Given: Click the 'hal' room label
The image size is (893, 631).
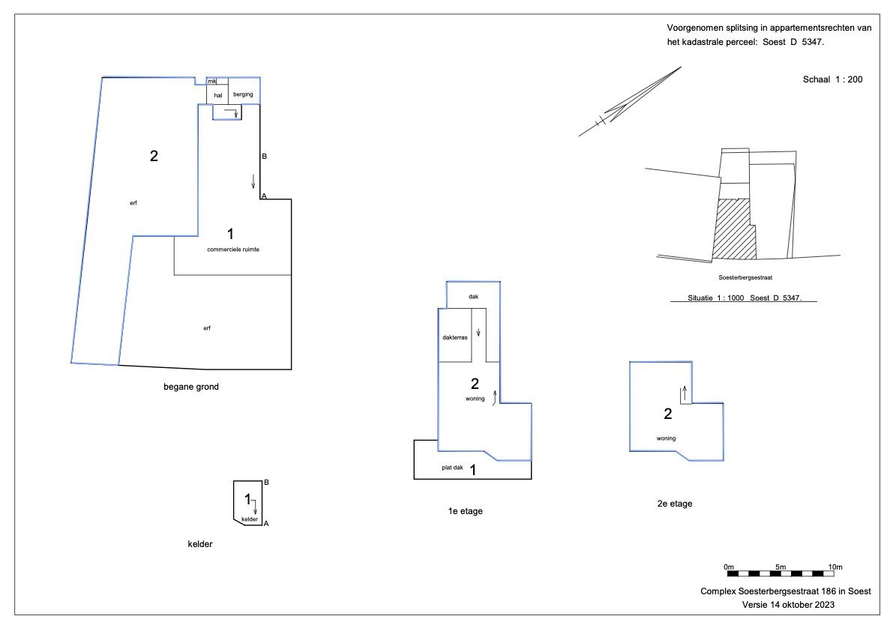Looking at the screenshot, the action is (218, 96).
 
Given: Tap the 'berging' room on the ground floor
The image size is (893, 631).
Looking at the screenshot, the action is (243, 94).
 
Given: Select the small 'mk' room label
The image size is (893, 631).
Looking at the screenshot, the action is (212, 82).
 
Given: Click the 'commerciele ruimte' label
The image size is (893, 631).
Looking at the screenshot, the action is (233, 250).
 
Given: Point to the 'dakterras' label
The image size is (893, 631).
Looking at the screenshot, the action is (455, 337).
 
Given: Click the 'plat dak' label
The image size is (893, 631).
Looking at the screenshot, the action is (452, 468).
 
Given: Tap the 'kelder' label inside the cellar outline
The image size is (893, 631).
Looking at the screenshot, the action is (250, 519).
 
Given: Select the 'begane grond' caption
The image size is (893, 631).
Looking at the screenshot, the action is (191, 387).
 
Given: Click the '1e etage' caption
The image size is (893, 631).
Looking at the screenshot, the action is (466, 511).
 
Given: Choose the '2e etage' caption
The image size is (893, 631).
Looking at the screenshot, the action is (675, 504).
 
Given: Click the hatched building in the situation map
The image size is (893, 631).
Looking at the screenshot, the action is (736, 229).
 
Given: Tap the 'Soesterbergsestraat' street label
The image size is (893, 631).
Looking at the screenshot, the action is (745, 278).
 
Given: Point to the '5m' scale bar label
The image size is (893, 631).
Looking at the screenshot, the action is (781, 567).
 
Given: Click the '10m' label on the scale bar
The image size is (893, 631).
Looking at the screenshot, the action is (835, 567).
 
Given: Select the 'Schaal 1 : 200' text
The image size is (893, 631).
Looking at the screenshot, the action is (832, 79).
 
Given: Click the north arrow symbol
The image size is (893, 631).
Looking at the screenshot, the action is (630, 101).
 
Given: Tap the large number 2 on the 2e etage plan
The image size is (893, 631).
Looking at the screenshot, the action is (668, 414).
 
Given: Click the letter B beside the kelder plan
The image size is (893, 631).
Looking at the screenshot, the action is (266, 483).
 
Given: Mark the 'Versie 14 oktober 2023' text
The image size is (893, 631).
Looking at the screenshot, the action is (788, 605).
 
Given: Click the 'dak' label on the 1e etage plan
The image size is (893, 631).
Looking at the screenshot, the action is (473, 297).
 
